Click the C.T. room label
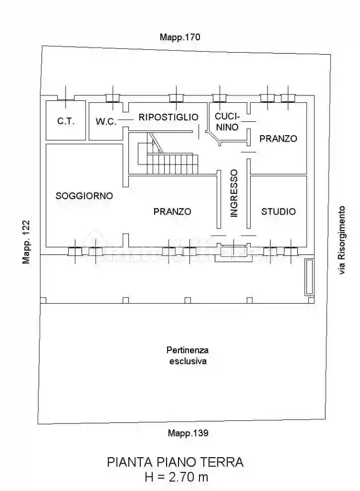pyautogui.click(x=66, y=121)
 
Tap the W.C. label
pyautogui.click(x=105, y=121)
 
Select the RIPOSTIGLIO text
pyautogui.click(x=169, y=117)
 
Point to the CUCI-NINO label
pyautogui.click(x=227, y=121)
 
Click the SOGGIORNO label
pyautogui.click(x=84, y=196)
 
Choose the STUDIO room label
pyautogui.click(x=278, y=211)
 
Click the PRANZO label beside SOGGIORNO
pyautogui.click(x=172, y=211)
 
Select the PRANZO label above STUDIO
pyautogui.click(x=278, y=139)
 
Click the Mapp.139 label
pyautogui.click(x=187, y=432)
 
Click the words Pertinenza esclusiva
pyautogui.click(x=187, y=356)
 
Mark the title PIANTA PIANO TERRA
pyautogui.click(x=176, y=462)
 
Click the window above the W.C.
pyautogui.click(x=113, y=97)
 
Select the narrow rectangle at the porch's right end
pyautogui.click(x=309, y=277)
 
